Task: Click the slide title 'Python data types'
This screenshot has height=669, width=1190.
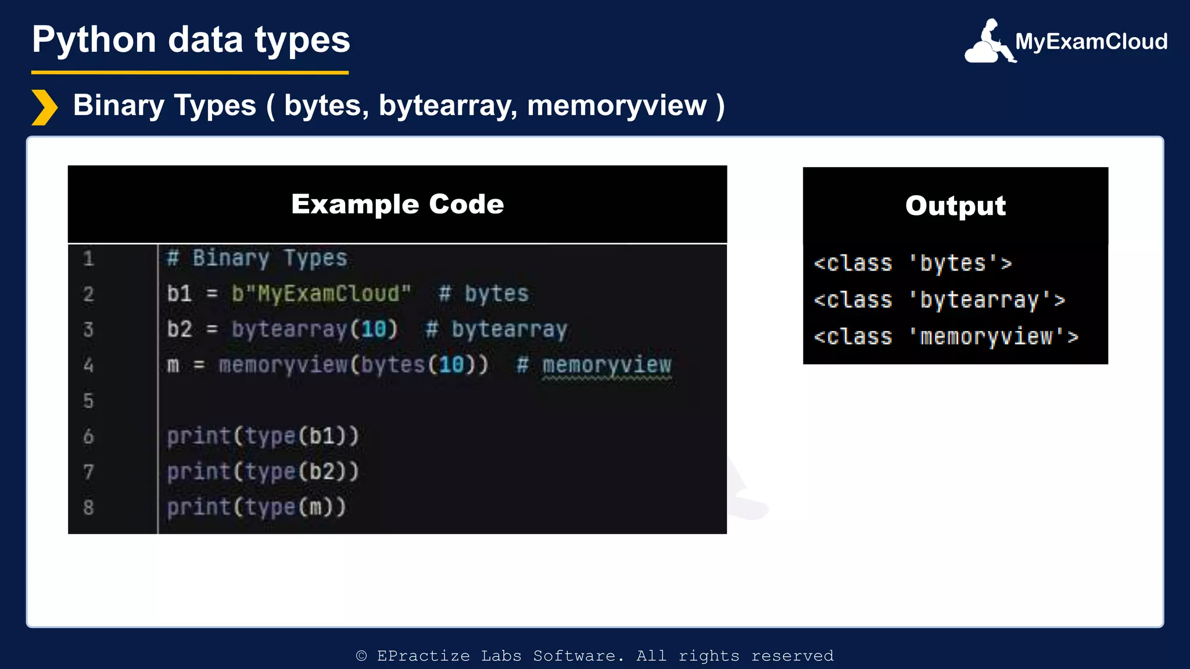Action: (x=191, y=40)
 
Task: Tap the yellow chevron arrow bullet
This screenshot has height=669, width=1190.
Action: (x=44, y=107)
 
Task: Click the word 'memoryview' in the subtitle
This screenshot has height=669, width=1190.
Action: (x=616, y=106)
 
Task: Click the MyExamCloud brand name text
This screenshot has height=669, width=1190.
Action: (x=1091, y=42)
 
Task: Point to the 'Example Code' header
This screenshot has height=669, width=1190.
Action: (x=397, y=204)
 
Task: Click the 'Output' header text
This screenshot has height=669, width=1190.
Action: (x=955, y=206)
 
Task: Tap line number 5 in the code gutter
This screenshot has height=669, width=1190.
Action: (x=88, y=401)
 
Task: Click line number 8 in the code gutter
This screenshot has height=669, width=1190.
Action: (x=88, y=508)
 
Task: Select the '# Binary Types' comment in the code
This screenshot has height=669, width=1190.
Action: (x=257, y=258)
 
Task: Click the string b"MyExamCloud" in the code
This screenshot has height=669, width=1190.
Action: (x=321, y=294)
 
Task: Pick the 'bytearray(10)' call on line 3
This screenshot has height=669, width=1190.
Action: (x=314, y=330)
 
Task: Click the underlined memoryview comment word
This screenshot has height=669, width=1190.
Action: (x=607, y=365)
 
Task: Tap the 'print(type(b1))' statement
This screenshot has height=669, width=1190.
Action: (x=263, y=436)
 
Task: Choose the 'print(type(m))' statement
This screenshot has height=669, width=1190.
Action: (x=256, y=508)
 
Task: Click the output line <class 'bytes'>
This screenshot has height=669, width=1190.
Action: (x=912, y=264)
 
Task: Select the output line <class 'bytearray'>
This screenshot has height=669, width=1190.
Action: (x=939, y=300)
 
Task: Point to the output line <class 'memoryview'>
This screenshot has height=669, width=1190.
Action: (x=945, y=337)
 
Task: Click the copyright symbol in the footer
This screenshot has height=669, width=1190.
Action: (x=361, y=656)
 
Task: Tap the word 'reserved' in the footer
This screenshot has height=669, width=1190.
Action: (x=792, y=656)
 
